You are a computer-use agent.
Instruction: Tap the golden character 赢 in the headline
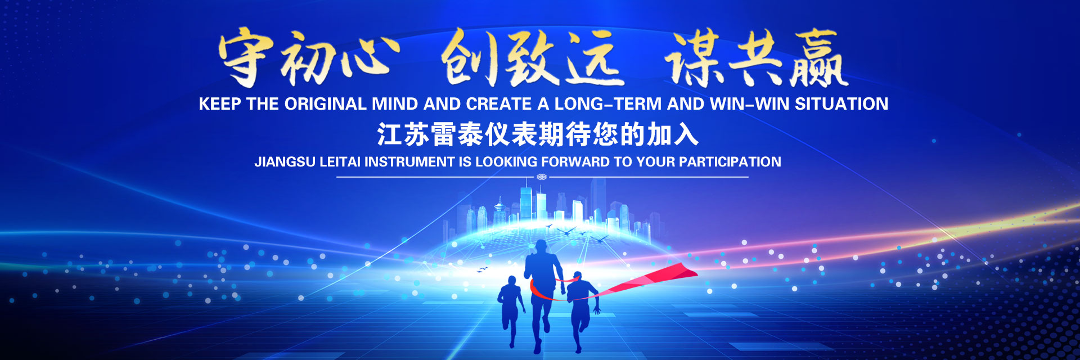[x=818, y=58]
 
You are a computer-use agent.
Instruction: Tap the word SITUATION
[x=841, y=104]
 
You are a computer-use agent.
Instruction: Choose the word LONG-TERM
[x=608, y=104]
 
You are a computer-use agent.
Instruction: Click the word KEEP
[x=220, y=104]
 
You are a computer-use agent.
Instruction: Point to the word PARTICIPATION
[x=730, y=162]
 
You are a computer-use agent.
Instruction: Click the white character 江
[x=390, y=135]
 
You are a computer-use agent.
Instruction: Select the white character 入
[x=686, y=135]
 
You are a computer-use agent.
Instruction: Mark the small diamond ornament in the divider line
[x=542, y=177]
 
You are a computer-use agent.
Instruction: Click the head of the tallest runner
[x=541, y=247]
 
